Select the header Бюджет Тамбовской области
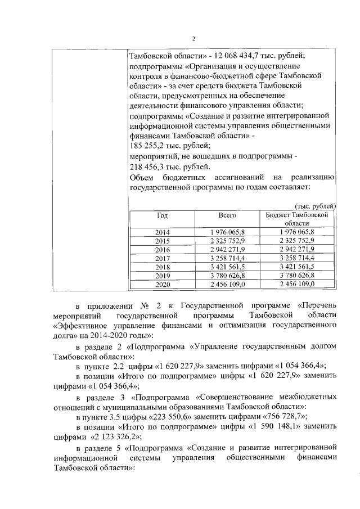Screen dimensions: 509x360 pyautogui.click(x=298, y=219)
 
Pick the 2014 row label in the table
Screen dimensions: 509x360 pyautogui.click(x=162, y=232)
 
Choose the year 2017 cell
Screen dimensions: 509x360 pyautogui.click(x=162, y=258)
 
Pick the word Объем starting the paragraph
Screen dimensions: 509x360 pyautogui.click(x=143, y=177)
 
